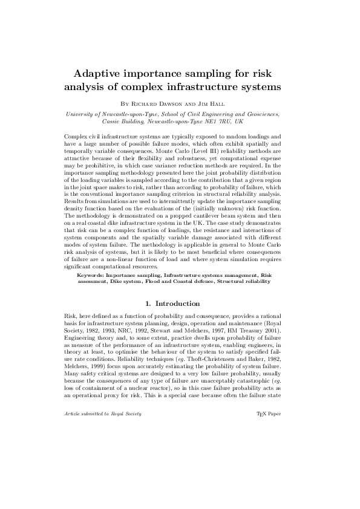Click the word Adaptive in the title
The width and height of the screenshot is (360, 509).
click(x=97, y=74)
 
